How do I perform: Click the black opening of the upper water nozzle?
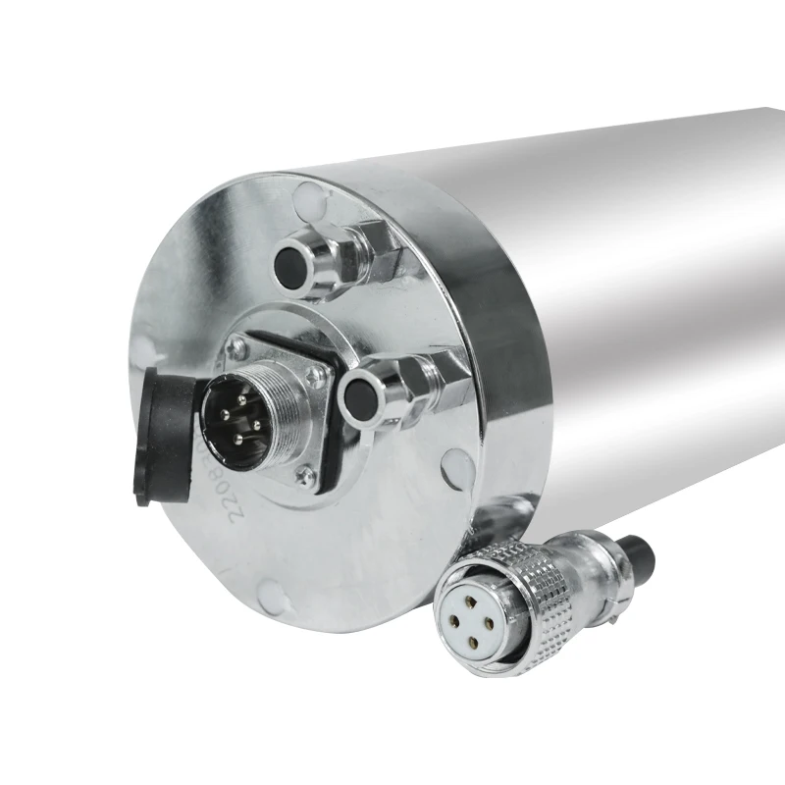tap(291, 260)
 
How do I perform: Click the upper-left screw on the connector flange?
tap(236, 344)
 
